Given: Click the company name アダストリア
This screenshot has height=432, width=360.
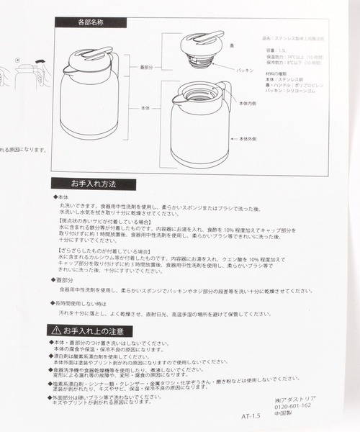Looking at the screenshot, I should click(297, 397).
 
